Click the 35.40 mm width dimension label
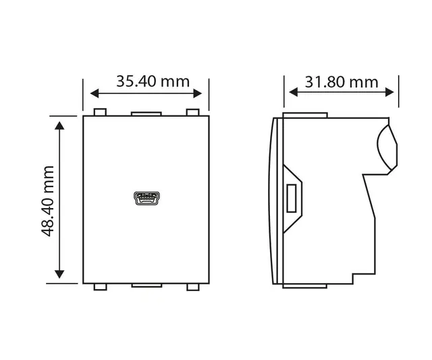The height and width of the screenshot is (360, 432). tap(153, 82)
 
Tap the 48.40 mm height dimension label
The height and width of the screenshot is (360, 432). tap(48, 201)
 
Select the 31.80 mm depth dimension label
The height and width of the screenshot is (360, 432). tap(342, 82)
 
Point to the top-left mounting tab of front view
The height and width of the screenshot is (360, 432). tap(99, 112)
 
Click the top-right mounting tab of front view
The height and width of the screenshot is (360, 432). tap(194, 112)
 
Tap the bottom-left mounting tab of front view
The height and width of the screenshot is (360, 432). tap(99, 287)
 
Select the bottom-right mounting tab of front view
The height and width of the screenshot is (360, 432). tap(194, 287)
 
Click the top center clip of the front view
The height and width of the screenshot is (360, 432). tap(146, 114)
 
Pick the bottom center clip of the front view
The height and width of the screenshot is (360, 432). tap(146, 286)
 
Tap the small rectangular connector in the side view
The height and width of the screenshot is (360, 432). tap(292, 198)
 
